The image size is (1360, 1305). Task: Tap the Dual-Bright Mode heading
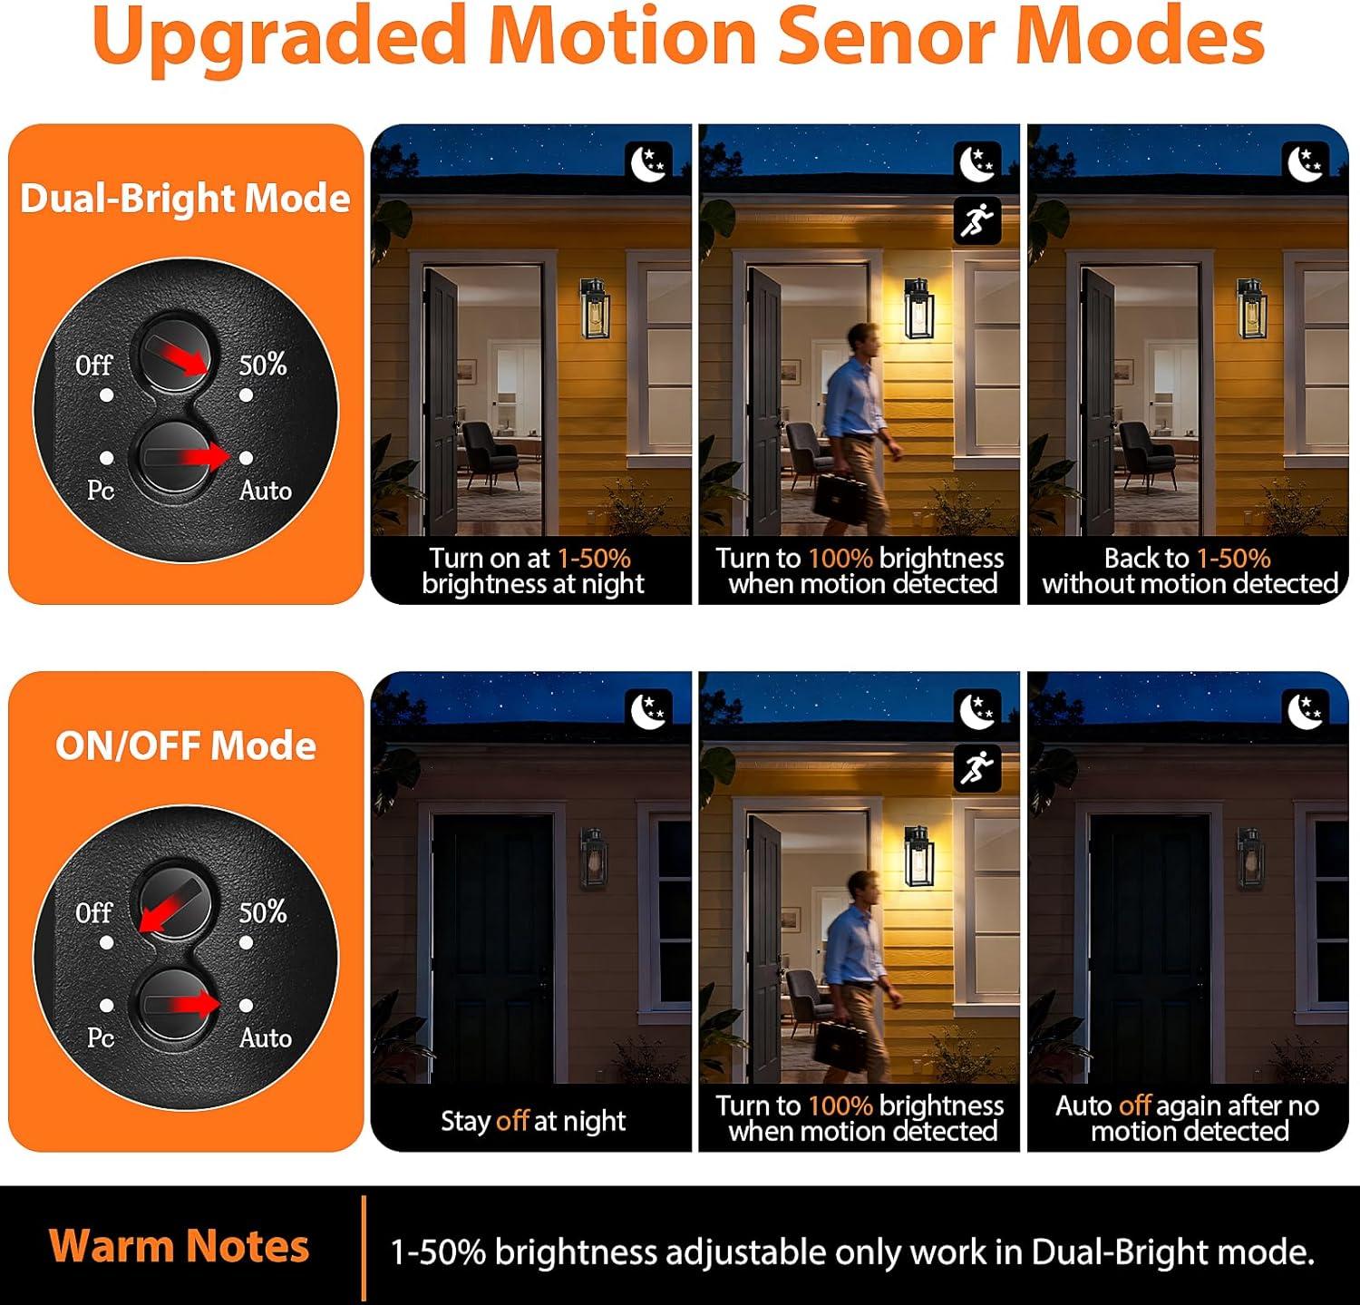185,199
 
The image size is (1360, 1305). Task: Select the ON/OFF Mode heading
186,745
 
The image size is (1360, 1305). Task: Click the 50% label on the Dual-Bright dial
263,365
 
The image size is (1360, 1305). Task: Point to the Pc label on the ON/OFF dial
101,1037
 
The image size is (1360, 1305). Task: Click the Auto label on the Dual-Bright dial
266,491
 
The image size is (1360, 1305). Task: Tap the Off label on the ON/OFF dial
93,911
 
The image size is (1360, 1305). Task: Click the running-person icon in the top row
977,220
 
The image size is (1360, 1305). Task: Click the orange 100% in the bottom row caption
840,1105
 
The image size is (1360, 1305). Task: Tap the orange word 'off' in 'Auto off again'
1135,1105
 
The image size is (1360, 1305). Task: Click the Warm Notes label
180,1246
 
